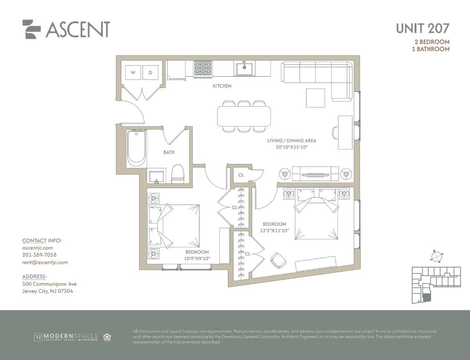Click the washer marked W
(133, 72)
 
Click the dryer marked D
(151, 72)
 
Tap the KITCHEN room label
(222, 86)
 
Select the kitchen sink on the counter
(245, 68)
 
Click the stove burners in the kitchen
(203, 69)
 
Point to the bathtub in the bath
(136, 148)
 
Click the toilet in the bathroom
(178, 173)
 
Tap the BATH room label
(169, 152)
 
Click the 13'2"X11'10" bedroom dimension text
(275, 231)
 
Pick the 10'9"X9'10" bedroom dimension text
(197, 259)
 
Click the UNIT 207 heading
(423, 28)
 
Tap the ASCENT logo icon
(32, 29)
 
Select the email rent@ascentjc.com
(45, 262)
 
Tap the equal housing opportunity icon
(107, 337)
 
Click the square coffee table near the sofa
(316, 98)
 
